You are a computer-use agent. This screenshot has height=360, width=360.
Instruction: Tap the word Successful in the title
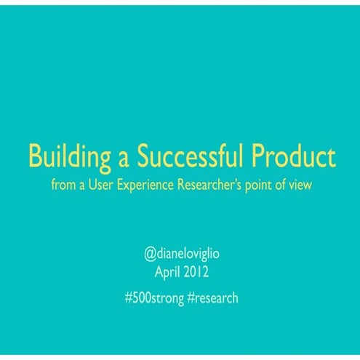(x=183, y=156)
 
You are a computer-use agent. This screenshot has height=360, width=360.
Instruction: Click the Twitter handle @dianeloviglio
(x=180, y=256)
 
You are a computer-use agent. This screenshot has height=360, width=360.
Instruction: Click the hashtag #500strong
(x=148, y=298)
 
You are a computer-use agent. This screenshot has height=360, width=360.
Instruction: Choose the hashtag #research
(x=212, y=298)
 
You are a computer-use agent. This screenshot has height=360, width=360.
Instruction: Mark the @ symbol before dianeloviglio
(x=150, y=256)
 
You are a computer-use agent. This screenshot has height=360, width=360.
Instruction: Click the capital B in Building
(x=35, y=156)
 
